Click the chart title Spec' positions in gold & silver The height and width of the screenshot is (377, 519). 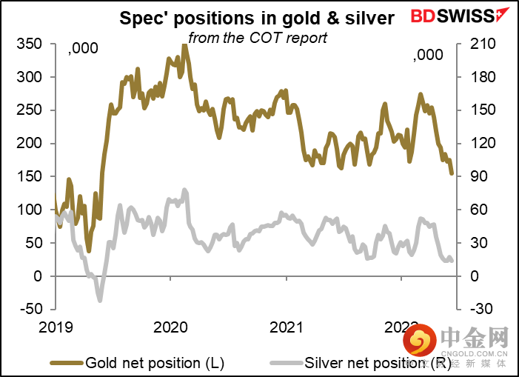pos(257,19)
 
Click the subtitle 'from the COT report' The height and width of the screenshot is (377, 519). pos(257,36)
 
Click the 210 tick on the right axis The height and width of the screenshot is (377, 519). pos(475,44)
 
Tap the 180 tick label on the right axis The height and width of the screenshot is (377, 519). pos(475,77)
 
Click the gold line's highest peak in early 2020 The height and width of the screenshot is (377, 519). pos(184,44)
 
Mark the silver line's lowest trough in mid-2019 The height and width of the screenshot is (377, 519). pos(99,300)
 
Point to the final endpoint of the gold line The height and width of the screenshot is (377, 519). pos(452,174)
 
